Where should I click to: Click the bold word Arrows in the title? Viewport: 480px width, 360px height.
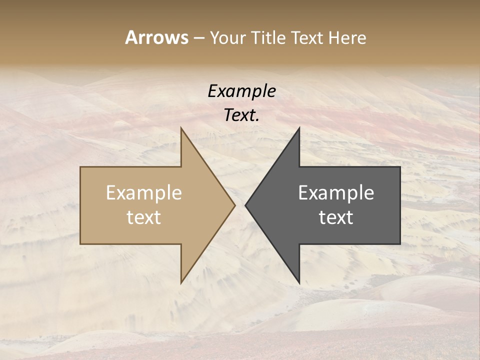tap(156, 37)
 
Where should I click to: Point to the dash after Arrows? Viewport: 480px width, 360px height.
tap(198, 38)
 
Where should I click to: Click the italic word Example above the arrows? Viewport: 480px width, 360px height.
tap(241, 91)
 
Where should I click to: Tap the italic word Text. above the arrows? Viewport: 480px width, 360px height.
tap(241, 115)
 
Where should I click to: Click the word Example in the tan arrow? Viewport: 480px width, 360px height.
tap(144, 193)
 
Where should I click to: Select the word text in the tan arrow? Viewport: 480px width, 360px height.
tap(144, 217)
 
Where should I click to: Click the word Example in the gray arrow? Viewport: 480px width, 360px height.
tap(336, 193)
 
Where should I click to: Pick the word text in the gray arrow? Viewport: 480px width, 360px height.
tap(336, 217)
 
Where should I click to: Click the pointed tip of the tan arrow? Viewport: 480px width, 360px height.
tap(234, 205)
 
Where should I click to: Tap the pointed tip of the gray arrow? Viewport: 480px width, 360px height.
tap(246, 205)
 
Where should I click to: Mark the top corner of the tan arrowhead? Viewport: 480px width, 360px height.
tap(181, 128)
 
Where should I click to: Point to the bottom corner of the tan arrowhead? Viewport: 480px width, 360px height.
tap(181, 282)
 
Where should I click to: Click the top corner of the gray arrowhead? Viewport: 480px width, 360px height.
tap(299, 128)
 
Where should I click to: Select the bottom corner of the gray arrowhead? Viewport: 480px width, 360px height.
tap(299, 282)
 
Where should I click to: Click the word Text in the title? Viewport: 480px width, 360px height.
tap(307, 37)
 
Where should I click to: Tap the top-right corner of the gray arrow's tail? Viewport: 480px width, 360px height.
tap(399, 167)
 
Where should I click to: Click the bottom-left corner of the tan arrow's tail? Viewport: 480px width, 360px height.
tap(81, 243)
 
